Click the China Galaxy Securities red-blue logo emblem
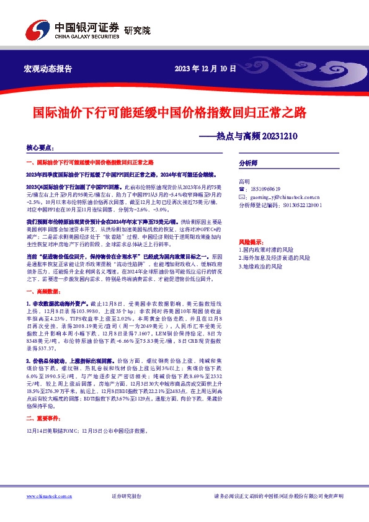click(37, 30)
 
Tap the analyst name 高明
click(244, 181)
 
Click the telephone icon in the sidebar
click(242, 188)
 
